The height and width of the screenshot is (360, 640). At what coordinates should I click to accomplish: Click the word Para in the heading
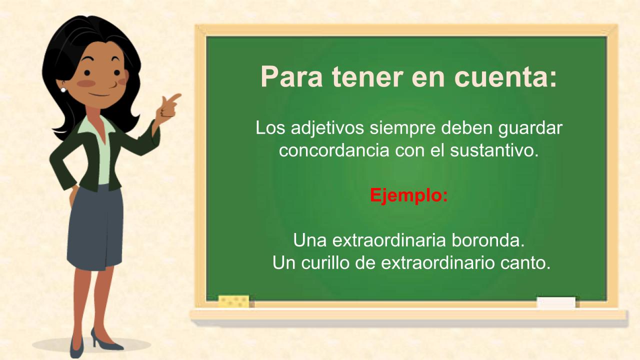click(291, 76)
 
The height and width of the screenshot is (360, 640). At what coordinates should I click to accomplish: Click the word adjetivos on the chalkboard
click(327, 128)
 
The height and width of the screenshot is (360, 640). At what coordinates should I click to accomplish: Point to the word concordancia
click(334, 150)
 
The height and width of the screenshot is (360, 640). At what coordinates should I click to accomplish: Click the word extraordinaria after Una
click(389, 241)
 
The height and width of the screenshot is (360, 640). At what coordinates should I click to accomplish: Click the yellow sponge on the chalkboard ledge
click(233, 301)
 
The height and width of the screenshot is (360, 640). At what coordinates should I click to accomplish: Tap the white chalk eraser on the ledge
click(556, 303)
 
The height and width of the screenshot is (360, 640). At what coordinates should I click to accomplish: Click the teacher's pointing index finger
click(175, 97)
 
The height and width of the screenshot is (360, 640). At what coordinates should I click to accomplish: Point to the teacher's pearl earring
click(63, 90)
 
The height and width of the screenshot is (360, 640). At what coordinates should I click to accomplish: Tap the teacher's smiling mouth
click(99, 94)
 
